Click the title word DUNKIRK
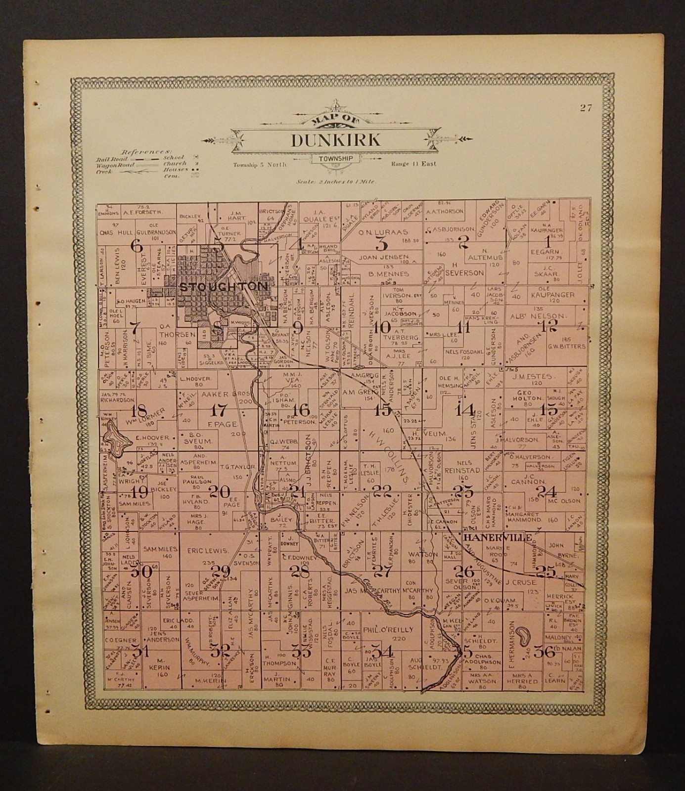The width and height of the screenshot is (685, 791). [336, 140]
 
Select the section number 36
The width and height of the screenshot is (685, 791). [548, 652]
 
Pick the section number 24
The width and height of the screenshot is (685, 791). [547, 491]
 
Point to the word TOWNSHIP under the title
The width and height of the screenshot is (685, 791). [336, 159]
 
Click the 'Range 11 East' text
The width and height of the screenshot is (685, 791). [413, 164]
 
